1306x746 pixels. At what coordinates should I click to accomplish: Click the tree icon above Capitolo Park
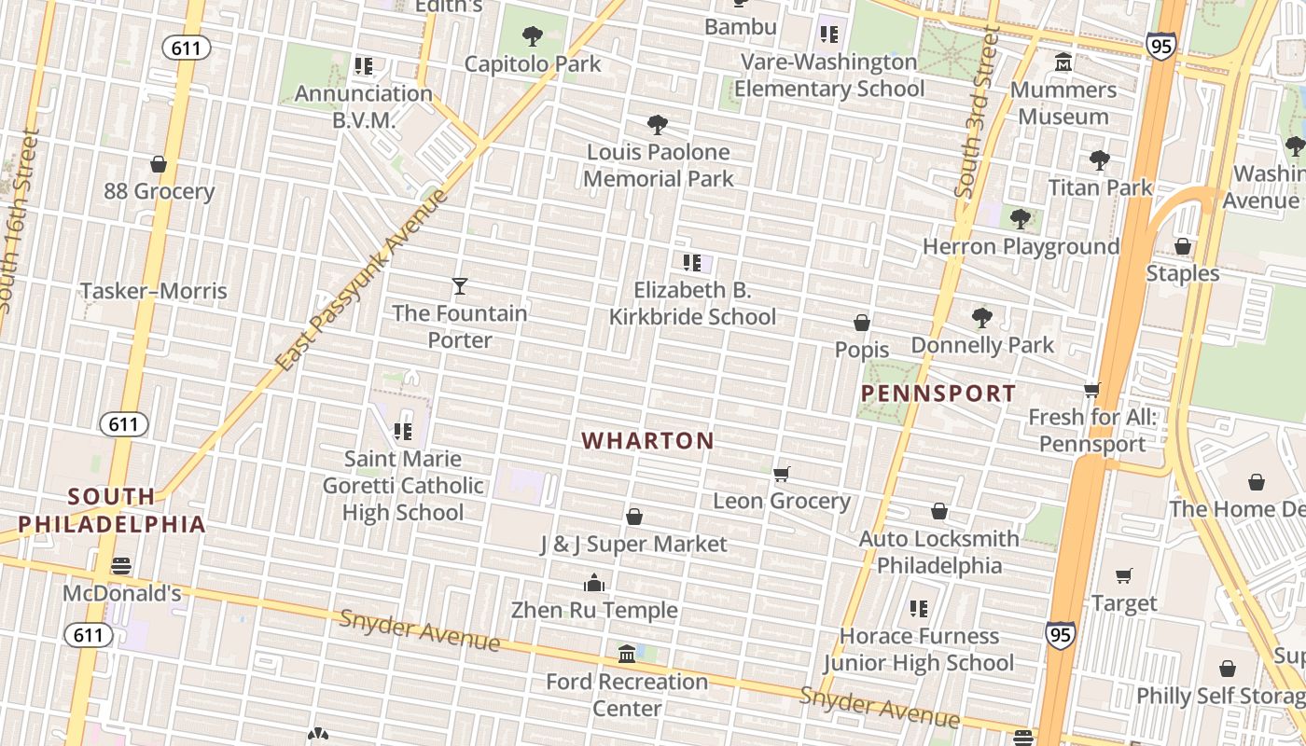(x=533, y=36)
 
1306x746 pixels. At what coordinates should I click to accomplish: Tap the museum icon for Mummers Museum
(x=1063, y=62)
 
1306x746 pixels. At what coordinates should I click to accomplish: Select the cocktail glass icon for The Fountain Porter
(x=459, y=285)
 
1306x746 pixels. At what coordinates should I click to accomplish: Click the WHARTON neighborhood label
(x=648, y=441)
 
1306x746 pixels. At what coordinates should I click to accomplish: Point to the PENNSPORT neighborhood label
(x=938, y=394)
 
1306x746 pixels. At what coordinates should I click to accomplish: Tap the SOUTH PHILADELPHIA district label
(x=112, y=510)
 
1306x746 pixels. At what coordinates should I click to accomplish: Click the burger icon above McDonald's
(x=121, y=566)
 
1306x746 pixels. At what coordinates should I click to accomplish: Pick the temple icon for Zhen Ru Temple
(x=594, y=584)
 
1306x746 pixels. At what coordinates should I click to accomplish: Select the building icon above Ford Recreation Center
(x=627, y=655)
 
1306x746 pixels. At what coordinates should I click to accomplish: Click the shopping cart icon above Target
(x=1124, y=576)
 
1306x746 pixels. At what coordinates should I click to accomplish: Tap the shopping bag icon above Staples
(x=1182, y=246)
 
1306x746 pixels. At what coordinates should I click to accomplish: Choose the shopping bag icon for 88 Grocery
(x=159, y=164)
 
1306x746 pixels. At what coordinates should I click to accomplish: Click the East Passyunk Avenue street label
(x=364, y=280)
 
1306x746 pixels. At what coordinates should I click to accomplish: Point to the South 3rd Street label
(x=977, y=112)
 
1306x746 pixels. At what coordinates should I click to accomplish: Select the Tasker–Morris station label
(x=154, y=291)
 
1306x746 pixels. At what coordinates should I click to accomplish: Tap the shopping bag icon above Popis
(x=862, y=323)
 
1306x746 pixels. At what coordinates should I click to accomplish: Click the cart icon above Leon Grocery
(x=782, y=474)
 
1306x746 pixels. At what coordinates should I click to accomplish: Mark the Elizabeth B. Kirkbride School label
(x=692, y=303)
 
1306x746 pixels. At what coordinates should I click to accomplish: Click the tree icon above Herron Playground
(x=1020, y=219)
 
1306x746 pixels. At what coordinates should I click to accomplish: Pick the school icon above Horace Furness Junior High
(x=918, y=609)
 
